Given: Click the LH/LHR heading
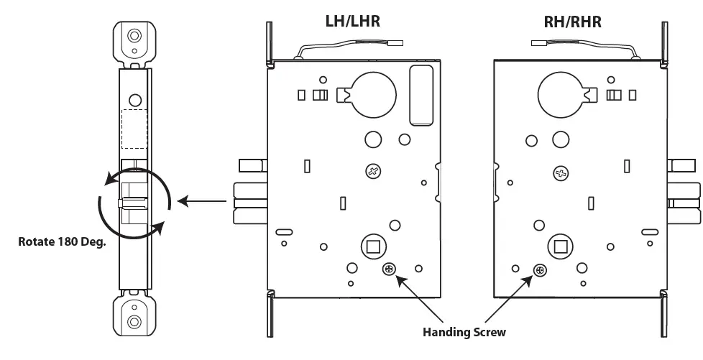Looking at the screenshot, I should click(352, 21).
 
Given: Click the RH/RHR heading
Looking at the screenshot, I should click(572, 21).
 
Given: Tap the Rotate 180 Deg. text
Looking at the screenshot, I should click(62, 241).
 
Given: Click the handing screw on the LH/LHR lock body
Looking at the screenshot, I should click(389, 269).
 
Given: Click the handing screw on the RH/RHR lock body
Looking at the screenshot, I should click(539, 270).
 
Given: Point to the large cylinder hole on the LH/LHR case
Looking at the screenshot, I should click(372, 96).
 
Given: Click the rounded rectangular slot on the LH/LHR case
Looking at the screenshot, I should click(421, 93).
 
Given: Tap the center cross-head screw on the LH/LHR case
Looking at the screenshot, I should click(373, 171).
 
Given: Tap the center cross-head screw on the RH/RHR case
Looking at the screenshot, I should click(561, 172).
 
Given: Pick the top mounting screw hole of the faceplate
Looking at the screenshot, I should click(134, 35).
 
